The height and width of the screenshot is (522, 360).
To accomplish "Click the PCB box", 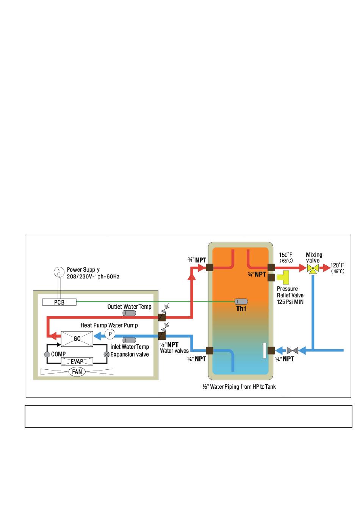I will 59,302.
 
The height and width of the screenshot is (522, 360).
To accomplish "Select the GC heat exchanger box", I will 77,339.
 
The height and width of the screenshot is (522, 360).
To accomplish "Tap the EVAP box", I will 77,361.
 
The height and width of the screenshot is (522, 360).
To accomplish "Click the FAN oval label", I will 77,372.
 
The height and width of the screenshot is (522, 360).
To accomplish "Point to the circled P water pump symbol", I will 110,334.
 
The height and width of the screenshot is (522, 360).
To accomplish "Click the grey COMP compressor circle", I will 47,355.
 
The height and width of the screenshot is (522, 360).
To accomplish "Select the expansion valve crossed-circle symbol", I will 107,355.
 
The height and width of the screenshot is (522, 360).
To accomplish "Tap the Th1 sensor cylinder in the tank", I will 241,302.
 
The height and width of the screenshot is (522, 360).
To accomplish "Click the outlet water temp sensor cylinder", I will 129,314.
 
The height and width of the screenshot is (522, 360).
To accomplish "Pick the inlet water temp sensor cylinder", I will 129,340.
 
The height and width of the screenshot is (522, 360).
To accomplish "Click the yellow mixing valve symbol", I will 313,269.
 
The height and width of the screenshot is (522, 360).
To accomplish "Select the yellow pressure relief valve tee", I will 283,277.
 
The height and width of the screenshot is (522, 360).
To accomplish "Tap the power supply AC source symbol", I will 59,272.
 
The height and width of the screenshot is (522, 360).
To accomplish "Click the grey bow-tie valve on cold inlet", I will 293,350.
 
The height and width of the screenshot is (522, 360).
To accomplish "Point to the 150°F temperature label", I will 286,255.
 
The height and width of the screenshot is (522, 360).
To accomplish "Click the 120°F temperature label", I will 337,266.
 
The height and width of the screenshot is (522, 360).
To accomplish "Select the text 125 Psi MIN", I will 290,302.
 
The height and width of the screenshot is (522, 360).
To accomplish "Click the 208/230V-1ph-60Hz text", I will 93,277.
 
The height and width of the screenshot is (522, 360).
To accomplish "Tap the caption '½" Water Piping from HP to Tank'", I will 239,387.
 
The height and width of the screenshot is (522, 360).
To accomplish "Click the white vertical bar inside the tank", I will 265,350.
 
